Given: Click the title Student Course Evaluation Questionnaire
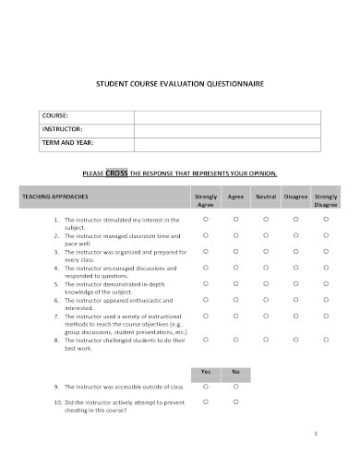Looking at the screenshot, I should [x=180, y=83].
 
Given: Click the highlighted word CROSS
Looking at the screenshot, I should [x=142, y=173].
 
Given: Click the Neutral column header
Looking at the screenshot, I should [x=266, y=197].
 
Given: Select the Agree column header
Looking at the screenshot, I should [x=235, y=197].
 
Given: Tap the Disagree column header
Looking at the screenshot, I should [x=296, y=197].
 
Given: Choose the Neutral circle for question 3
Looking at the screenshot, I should [x=266, y=251].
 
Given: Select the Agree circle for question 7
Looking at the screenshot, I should [x=235, y=316].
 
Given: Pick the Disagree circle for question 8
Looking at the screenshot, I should [x=296, y=340].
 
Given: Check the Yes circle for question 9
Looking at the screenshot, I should [x=206, y=387].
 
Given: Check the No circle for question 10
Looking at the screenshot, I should [x=235, y=402].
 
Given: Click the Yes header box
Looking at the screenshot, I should [x=206, y=371].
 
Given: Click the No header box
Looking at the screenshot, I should [x=235, y=371].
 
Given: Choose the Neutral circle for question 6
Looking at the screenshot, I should [x=266, y=299].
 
